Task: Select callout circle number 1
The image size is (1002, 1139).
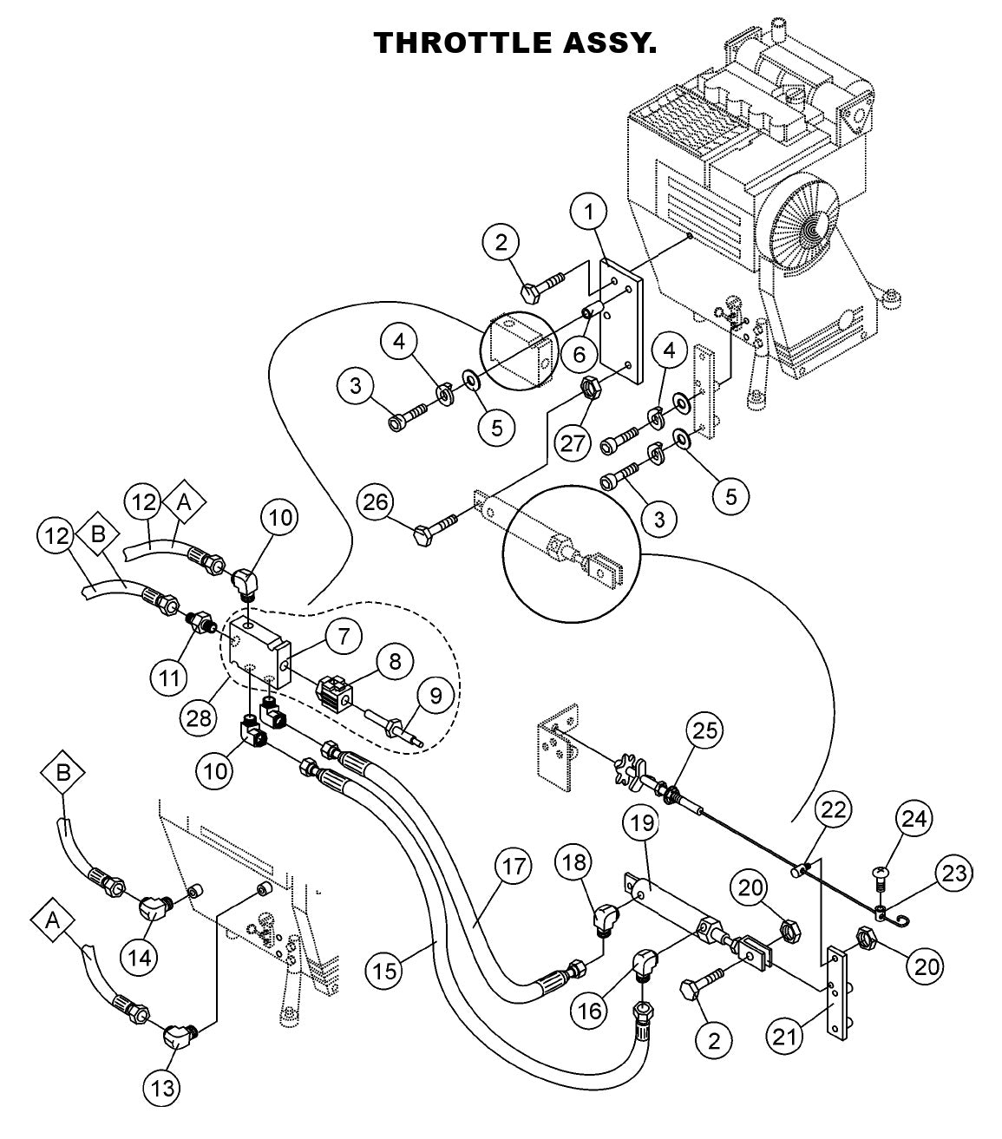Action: point(589,211)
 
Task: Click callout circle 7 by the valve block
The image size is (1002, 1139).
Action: point(344,638)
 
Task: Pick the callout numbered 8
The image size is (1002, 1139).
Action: point(395,663)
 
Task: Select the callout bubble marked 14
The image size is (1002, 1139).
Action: point(141,957)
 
